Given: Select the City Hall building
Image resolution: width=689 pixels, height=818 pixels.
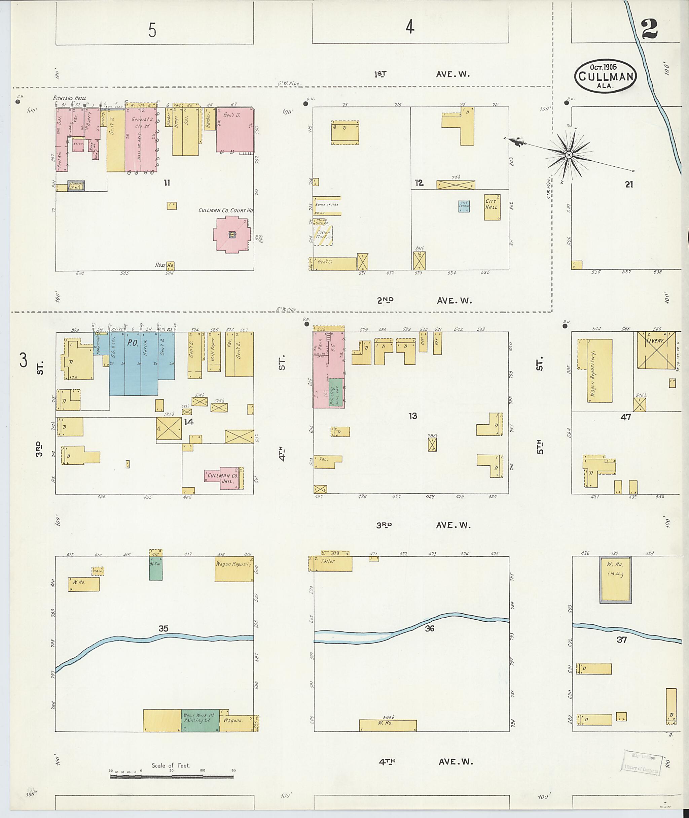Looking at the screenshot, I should click(x=492, y=207).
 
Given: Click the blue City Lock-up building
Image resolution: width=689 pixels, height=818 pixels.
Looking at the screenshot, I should click(x=464, y=206).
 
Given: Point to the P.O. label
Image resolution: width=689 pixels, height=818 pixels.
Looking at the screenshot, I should click(x=133, y=343).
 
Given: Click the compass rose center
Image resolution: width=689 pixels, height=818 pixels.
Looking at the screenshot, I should click(x=569, y=155).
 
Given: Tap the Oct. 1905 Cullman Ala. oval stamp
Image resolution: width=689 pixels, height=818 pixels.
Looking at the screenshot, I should click(x=606, y=76).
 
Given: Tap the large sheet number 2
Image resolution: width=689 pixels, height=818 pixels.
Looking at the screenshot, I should click(x=649, y=29).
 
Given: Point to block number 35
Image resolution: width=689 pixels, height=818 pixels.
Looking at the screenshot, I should click(x=163, y=628).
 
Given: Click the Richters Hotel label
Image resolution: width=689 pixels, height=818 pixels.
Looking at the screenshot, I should click(x=70, y=98).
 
